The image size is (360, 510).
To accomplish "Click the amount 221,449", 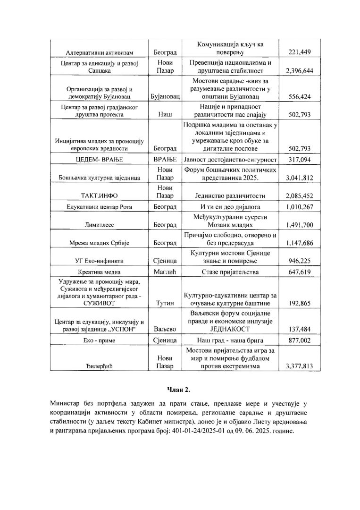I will click(x=300, y=51).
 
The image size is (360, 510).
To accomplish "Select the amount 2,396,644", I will click(x=300, y=71).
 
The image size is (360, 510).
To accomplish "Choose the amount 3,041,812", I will click(x=300, y=178).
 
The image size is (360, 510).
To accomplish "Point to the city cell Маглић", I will click(x=165, y=272).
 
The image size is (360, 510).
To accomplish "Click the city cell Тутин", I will click(x=165, y=303).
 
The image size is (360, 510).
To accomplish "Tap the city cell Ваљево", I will click(x=165, y=329).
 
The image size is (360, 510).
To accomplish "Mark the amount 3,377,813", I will click(x=300, y=365).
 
